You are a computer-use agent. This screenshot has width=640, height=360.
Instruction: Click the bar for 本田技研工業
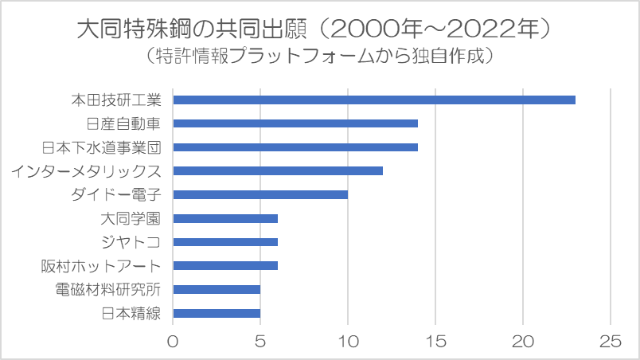tap(374, 100)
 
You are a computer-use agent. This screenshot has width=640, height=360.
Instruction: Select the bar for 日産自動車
tap(295, 123)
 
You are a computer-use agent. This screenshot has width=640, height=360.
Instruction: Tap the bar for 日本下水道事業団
tap(295, 147)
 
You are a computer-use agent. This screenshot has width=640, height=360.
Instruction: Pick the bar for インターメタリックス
tap(278, 170)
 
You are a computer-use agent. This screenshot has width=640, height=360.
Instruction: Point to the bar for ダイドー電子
tap(260, 194)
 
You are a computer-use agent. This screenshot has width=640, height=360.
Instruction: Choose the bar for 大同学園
tap(225, 218)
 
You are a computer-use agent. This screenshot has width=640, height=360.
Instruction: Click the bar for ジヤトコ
tap(225, 242)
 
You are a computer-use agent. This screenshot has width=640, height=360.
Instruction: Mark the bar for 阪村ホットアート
tap(225, 266)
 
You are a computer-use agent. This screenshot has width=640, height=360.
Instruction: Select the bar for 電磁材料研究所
tap(217, 289)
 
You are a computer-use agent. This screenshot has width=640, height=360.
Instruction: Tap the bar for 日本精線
tap(217, 314)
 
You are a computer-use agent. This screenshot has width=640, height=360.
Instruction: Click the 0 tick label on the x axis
tap(173, 342)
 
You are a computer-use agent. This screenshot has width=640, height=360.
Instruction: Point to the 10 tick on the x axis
tap(348, 342)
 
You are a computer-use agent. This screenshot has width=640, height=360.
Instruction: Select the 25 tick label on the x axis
tap(611, 342)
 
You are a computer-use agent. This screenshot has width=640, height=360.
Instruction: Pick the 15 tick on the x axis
tap(435, 342)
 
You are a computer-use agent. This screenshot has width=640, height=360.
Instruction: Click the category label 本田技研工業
tap(116, 100)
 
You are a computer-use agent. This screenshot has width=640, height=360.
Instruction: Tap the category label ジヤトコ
tap(131, 242)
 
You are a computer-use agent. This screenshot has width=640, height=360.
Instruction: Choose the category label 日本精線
tap(131, 314)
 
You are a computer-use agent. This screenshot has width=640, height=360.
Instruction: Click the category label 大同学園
tap(131, 218)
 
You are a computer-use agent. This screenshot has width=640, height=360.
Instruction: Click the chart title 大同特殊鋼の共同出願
tap(192, 29)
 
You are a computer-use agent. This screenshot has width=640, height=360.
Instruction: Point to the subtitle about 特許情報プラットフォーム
tap(319, 56)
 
